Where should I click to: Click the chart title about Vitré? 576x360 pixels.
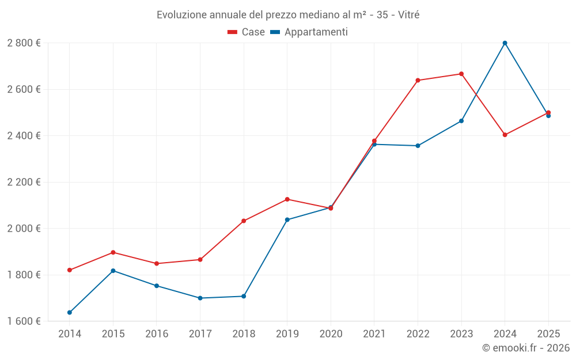coord(288,14)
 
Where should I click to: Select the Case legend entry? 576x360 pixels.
coord(247,32)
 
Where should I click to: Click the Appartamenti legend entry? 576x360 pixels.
coord(309,32)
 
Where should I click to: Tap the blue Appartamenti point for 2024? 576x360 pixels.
coord(505,43)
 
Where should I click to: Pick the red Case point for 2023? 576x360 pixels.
coord(461,74)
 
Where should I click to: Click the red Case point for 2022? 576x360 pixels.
coord(418,81)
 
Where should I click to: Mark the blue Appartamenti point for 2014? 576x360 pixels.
coord(70,313)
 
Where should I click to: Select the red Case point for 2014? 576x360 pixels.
coord(70,270)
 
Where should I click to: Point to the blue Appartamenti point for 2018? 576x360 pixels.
coord(244,296)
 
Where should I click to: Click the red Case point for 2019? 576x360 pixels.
coord(287,199)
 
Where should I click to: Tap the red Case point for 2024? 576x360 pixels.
coord(505,135)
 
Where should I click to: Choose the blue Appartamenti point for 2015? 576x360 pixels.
coord(113,271)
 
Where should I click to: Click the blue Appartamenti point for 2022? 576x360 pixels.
coord(418,146)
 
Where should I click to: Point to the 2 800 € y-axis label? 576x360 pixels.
coord(24,43)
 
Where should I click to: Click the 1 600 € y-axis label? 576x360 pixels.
coord(24,321)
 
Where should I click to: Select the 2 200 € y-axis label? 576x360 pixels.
coord(24,182)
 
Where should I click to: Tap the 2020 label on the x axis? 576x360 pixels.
coord(331,334)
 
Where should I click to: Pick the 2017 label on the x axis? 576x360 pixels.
coord(200,334)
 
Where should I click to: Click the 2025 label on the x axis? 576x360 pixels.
coord(548,334)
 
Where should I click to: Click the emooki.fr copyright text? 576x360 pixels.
coord(525,348)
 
